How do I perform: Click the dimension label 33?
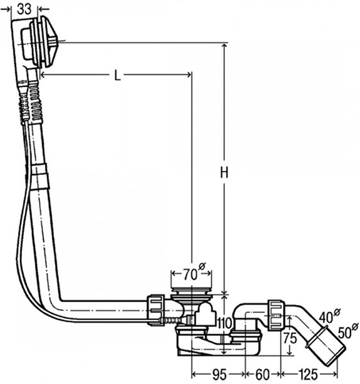click(24, 9)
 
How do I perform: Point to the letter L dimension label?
click(118, 76)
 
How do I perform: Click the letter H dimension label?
click(224, 172)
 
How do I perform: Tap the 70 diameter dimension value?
click(190, 275)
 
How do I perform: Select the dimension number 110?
click(224, 323)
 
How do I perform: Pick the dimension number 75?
click(290, 339)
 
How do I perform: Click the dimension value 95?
click(219, 374)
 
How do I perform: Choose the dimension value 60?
click(263, 374)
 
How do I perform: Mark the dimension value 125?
click(308, 374)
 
